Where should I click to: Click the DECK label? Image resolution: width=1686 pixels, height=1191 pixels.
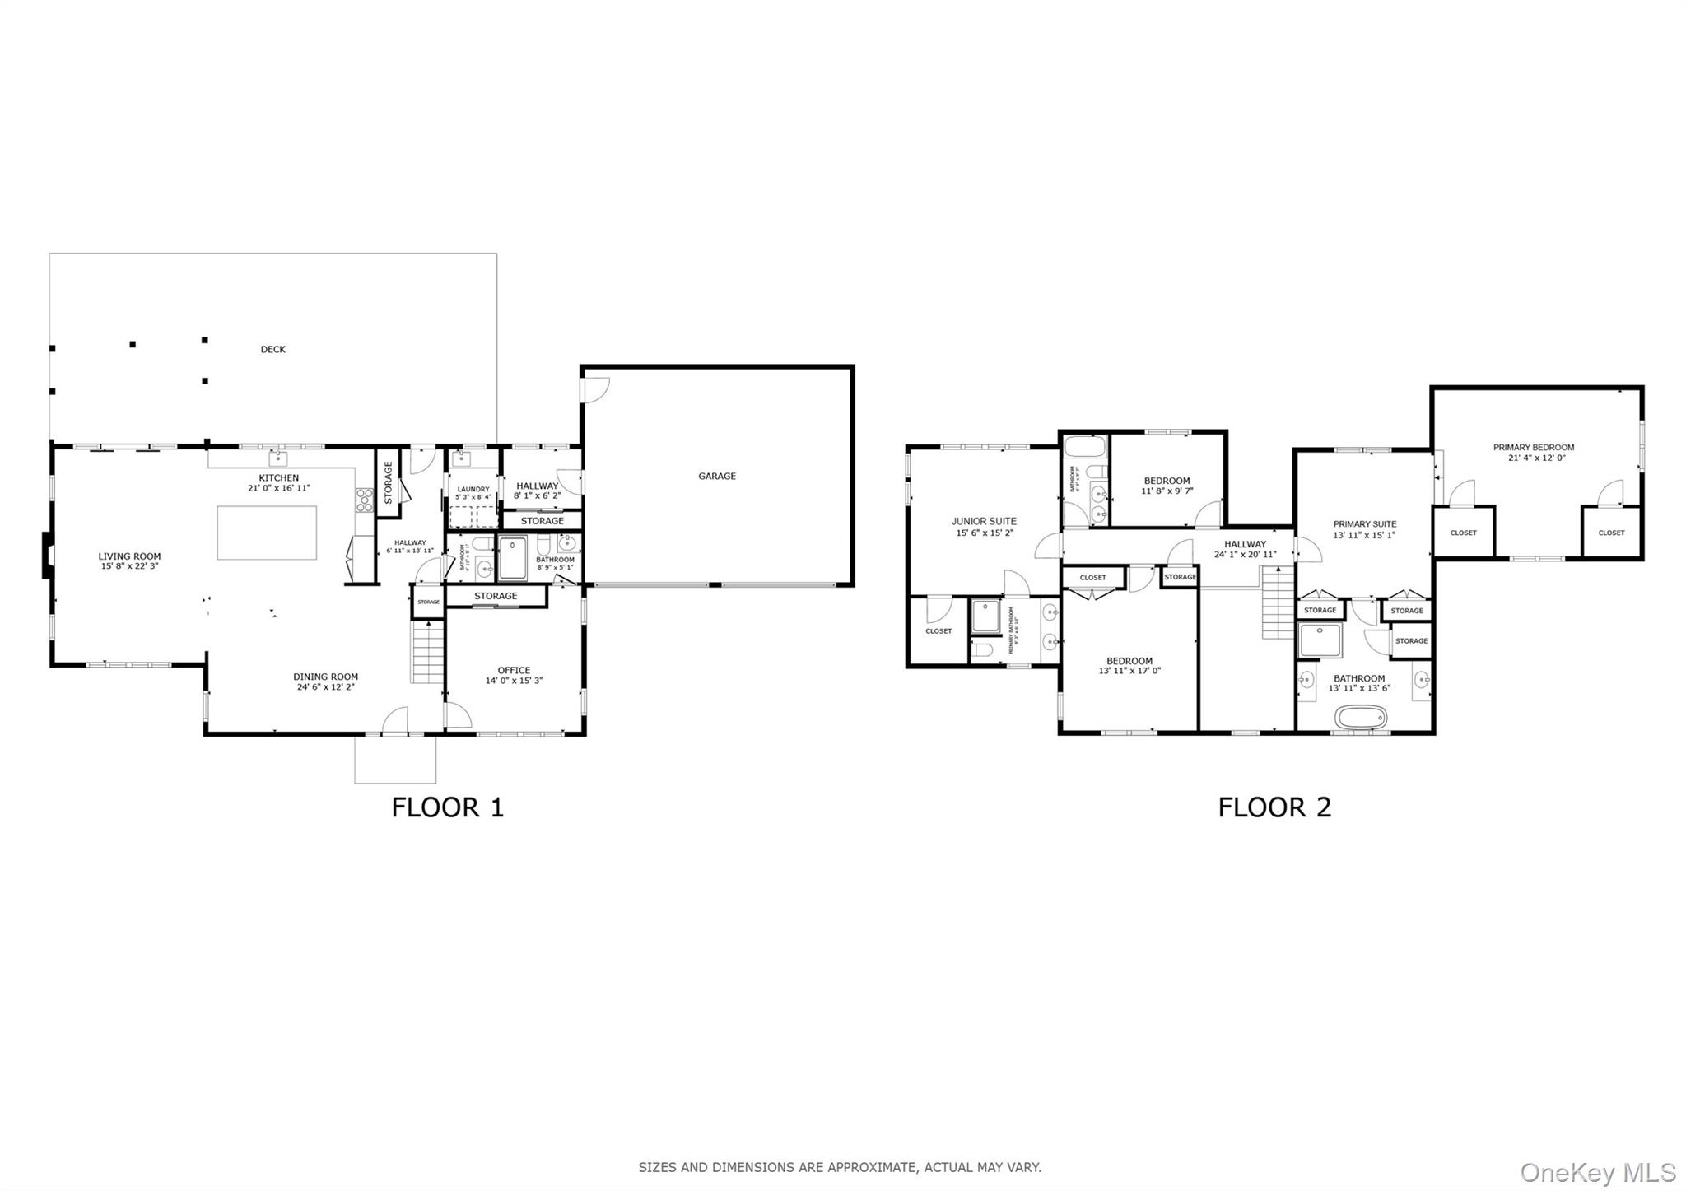pos(272,349)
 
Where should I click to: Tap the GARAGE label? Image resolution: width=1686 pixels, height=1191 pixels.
pos(716,476)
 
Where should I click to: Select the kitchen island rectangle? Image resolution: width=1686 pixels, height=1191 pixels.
pos(267,533)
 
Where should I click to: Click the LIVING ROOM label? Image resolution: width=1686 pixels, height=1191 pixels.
pos(129,556)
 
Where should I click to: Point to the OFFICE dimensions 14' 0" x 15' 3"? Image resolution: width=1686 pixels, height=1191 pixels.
pos(514,681)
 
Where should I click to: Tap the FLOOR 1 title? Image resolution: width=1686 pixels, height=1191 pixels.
pos(447,807)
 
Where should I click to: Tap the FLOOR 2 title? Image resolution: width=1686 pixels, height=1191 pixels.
pos(1274,807)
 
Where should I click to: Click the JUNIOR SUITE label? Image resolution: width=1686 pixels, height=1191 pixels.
pos(984,521)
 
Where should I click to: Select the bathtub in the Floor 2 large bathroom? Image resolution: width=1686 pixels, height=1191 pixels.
pos(1361,716)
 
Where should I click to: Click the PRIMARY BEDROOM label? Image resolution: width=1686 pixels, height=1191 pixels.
pos(1534,448)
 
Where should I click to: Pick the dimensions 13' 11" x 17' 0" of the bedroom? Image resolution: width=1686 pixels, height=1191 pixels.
pos(1129,671)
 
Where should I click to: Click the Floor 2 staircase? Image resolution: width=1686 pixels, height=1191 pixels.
pos(1278,607)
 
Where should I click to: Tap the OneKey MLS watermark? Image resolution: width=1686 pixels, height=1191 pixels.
pos(1597,1172)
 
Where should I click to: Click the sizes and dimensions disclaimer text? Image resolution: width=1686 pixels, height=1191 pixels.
pos(840,1167)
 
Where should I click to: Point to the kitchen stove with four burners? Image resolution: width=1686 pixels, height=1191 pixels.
pos(363,500)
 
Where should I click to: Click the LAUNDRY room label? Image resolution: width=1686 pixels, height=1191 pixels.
pos(473,489)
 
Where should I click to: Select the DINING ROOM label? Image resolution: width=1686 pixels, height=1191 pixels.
pos(326,677)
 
